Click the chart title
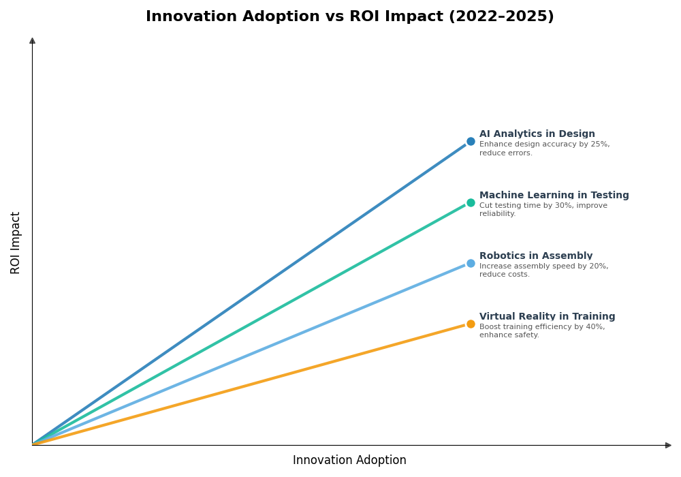click(x=349, y=17)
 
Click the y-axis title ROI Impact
click(x=16, y=243)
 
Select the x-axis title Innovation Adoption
click(x=349, y=461)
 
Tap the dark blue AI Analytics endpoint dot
click(x=471, y=142)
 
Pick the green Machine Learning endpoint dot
click(x=471, y=202)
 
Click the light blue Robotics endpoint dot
click(x=471, y=263)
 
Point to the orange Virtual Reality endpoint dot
click(x=471, y=324)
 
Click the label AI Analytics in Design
click(x=537, y=134)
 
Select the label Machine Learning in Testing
click(x=554, y=196)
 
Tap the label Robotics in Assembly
click(x=535, y=256)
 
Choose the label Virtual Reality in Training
click(x=547, y=317)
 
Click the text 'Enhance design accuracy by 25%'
click(x=544, y=144)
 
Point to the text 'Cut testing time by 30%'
click(x=526, y=206)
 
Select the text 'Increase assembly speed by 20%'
click(x=543, y=266)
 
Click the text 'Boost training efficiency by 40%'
click(x=541, y=327)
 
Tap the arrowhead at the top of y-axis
click(x=32, y=41)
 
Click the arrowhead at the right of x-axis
click(x=668, y=445)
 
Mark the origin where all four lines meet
click(x=33, y=444)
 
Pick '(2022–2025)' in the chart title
click(x=501, y=17)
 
